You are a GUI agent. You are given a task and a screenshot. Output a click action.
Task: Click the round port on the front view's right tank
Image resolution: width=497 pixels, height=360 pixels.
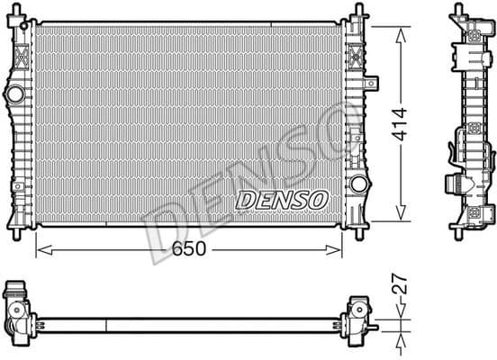pos(358,185)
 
